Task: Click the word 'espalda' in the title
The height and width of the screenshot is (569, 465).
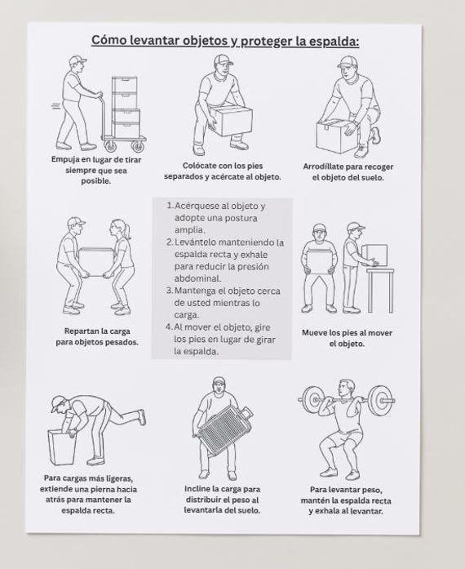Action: tap(334, 42)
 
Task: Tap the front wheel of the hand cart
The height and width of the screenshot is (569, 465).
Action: tap(138, 146)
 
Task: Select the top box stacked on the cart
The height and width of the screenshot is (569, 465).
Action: tap(125, 85)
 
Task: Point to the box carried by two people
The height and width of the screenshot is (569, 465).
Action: tap(96, 262)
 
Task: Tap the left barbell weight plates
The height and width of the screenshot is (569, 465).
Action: tap(311, 400)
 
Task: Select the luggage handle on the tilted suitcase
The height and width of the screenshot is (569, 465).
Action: tap(246, 412)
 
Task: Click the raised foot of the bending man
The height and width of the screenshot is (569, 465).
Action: tap(142, 417)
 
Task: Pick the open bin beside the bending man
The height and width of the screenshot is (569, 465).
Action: tap(62, 447)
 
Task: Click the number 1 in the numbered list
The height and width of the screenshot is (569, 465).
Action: tap(169, 206)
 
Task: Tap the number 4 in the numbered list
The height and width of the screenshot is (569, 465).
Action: tap(169, 327)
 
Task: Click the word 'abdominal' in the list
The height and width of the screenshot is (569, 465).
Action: tap(197, 278)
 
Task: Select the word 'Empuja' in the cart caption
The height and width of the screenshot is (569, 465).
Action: tap(64, 160)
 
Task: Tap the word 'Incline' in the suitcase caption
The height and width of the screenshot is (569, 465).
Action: tap(197, 489)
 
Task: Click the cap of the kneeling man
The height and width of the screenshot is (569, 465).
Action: tap(348, 62)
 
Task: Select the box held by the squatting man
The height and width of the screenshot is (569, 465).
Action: tap(232, 121)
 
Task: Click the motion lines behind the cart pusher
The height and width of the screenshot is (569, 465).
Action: tap(55, 106)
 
